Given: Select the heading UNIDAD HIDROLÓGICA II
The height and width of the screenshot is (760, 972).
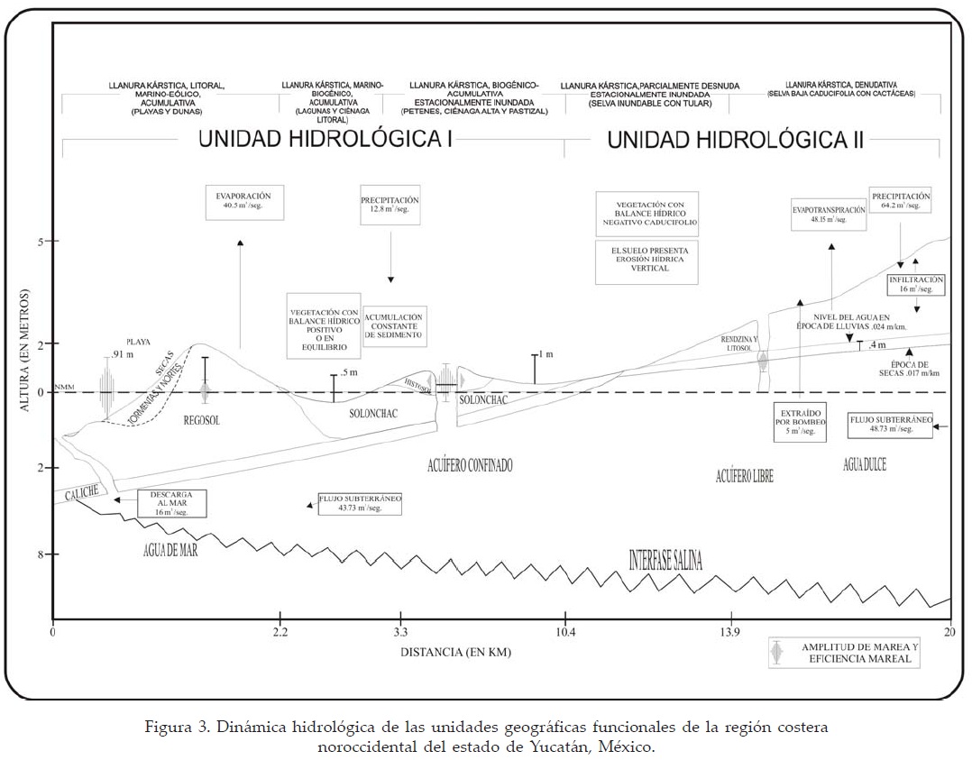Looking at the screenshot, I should coord(736,140).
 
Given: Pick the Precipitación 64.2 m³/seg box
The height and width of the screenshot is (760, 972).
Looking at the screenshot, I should coord(900,200).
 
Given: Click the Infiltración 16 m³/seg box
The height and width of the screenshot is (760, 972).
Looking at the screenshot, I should coord(915,285).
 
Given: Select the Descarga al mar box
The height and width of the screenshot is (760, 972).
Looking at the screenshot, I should coord(172,503).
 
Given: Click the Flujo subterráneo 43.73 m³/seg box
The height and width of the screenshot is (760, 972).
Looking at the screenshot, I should coord(358,504).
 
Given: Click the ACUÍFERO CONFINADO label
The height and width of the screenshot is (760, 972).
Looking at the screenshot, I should coord(470,465).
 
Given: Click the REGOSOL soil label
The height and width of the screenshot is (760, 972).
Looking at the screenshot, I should coord(202,420).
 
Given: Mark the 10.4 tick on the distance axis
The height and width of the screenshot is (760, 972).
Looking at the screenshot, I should coord(564,631).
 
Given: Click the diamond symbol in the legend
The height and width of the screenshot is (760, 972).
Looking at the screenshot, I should coord(777,653).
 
